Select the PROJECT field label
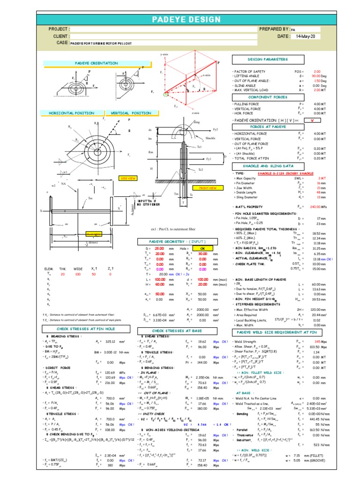point(59,29)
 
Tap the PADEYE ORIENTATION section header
point(97,63)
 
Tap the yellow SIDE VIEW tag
point(129,178)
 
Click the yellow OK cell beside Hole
point(202,248)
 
